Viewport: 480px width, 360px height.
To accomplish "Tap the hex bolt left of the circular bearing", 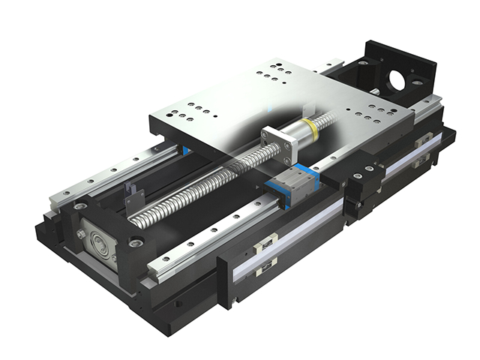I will point(80,234).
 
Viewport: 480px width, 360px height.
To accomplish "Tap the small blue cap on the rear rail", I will point(184,151).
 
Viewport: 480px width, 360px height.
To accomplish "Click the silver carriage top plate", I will point(247,105).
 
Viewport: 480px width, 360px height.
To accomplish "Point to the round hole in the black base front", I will point(178,304).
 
